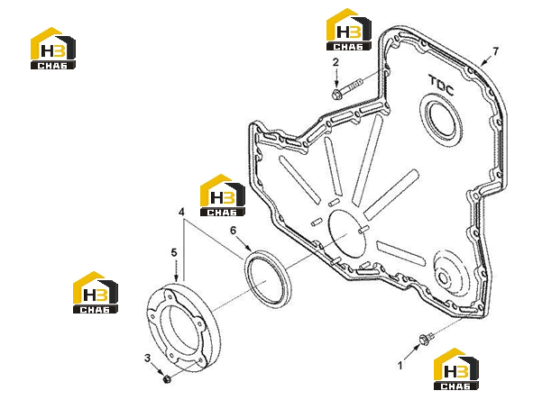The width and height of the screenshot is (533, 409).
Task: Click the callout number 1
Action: coord(400,366)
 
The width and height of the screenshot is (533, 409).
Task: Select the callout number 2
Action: coord(335,62)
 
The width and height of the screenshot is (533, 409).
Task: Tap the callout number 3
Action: coord(147,358)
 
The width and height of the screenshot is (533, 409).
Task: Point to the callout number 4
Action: coord(181,212)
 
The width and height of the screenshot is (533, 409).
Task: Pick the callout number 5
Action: coord(174,252)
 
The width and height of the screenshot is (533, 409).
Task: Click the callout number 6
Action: coord(233,231)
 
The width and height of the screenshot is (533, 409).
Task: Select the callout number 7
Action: coord(496,51)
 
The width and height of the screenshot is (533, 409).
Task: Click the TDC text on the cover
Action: coord(441,86)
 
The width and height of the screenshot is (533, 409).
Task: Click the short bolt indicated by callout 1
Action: coord(427,339)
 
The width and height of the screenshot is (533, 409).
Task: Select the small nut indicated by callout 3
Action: coord(167,378)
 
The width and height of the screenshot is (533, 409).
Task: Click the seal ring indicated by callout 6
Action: coord(268,279)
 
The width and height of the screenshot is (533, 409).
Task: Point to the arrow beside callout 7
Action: coord(486,60)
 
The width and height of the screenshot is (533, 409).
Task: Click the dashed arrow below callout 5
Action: coord(175,270)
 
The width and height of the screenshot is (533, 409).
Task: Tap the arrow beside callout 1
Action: coord(411,352)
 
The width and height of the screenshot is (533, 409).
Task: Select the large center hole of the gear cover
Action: coord(348,233)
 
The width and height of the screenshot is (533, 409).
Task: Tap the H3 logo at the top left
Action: coord(53,49)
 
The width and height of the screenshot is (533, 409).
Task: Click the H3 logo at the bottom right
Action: coord(456,369)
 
